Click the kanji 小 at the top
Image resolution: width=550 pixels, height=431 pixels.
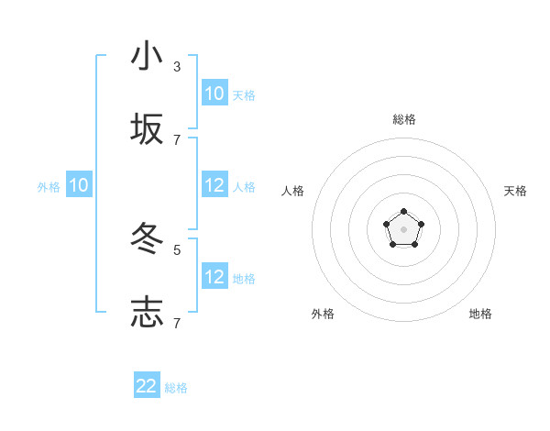147,56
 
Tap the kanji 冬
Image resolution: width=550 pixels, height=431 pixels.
147,239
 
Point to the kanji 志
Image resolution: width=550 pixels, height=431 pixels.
147,312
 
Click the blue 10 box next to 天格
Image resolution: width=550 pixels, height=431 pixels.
214,94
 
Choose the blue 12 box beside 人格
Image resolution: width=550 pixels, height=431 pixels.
214,185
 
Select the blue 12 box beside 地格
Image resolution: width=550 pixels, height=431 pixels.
214,277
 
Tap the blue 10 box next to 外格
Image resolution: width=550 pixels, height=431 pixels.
79,185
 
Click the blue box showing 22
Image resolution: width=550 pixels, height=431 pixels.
147,386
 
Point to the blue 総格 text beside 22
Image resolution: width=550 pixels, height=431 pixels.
176,388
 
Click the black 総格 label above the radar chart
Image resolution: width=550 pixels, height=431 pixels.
404,119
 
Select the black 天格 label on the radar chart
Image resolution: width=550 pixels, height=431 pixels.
515,191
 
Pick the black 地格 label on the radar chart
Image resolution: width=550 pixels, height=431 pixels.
480,314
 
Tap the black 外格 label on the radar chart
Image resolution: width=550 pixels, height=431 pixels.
323,314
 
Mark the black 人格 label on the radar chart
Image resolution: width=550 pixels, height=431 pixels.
293,191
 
